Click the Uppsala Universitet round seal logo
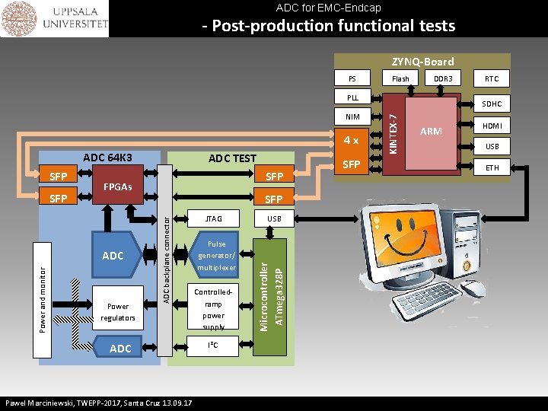(x=19, y=19)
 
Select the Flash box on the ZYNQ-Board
(x=400, y=78)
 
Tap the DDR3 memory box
(x=443, y=78)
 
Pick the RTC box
(x=492, y=78)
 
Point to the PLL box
(x=352, y=97)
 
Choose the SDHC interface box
(x=492, y=104)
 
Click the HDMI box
(x=492, y=125)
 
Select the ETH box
(x=492, y=167)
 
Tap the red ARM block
(x=431, y=131)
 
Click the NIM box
(x=352, y=117)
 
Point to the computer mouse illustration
(x=473, y=288)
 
